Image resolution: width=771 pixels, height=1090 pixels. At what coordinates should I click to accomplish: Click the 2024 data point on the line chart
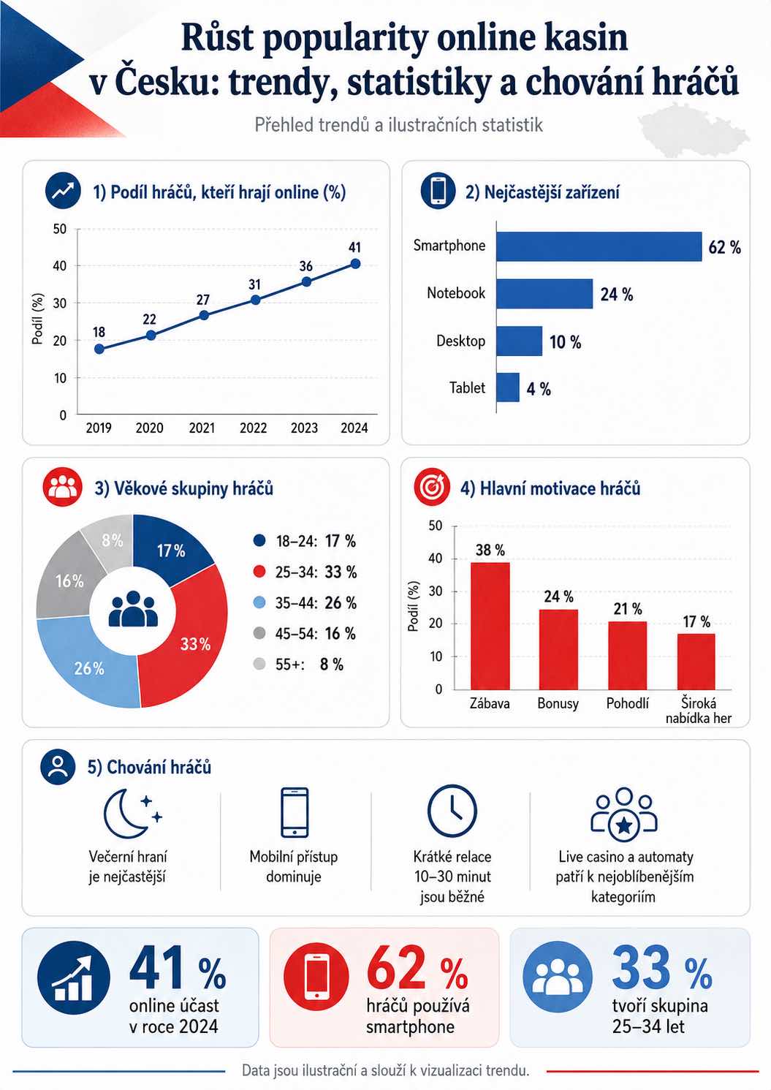[355, 264]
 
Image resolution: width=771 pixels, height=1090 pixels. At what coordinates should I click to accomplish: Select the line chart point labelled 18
[99, 349]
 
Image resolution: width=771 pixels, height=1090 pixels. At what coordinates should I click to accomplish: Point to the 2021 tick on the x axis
[202, 428]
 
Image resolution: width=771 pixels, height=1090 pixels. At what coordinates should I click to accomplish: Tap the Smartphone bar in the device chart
[599, 246]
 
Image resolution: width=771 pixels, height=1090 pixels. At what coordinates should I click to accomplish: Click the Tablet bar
[508, 387]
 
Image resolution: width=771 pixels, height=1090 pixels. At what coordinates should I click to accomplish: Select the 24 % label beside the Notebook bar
[617, 295]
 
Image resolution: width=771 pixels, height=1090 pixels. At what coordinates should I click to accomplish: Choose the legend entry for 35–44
[305, 603]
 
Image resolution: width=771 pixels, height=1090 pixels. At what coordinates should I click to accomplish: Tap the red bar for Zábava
[490, 626]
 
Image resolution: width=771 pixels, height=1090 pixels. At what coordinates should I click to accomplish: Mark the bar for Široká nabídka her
[696, 662]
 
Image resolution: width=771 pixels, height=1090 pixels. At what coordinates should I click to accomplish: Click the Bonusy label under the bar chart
[558, 703]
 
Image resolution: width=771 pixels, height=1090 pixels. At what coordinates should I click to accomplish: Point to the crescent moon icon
[127, 814]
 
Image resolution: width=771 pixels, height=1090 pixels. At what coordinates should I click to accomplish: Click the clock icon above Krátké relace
[452, 811]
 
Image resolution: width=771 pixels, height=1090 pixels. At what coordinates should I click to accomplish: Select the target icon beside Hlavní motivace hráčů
[431, 487]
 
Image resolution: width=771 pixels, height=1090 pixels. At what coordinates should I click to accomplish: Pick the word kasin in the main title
[585, 38]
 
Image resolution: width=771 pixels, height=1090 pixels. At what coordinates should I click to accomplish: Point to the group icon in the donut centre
[133, 609]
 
